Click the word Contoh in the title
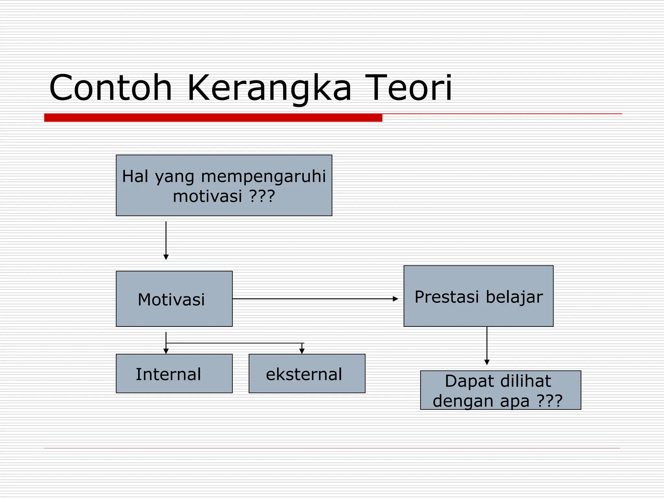[x=111, y=88]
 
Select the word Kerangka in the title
[x=269, y=89]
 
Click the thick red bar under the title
[x=213, y=118]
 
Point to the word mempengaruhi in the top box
[x=263, y=177]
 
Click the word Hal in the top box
[x=135, y=177]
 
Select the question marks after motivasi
[x=262, y=196]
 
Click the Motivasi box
[x=174, y=299]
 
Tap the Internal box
[x=174, y=373]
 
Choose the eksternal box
[x=307, y=373]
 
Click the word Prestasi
[x=447, y=297]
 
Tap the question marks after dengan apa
[x=550, y=401]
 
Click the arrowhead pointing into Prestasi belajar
[x=396, y=299]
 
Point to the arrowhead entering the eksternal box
[x=302, y=351]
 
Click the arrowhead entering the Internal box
[x=166, y=351]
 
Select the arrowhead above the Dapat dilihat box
[x=487, y=362]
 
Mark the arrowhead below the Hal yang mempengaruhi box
[x=166, y=257]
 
